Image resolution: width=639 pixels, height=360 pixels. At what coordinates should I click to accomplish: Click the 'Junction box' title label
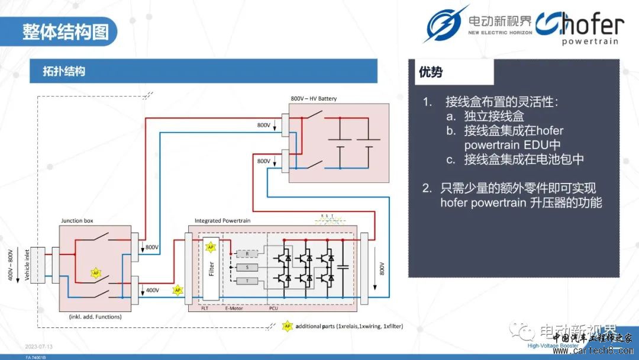(77, 221)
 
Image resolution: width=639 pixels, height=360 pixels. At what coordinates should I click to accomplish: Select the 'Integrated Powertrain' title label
(222, 221)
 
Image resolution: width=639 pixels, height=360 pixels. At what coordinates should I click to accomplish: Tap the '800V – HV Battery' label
(314, 98)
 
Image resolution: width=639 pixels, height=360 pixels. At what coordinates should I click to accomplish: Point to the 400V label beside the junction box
(152, 290)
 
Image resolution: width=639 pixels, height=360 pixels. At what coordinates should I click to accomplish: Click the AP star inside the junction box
(95, 273)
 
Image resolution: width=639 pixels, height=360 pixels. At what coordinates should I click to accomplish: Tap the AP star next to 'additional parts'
(288, 326)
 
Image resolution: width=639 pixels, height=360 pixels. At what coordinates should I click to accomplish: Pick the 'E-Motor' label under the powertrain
(234, 308)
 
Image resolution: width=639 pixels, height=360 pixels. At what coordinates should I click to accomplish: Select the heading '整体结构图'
(66, 31)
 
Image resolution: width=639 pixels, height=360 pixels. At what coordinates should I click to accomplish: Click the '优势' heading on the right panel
(431, 72)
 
